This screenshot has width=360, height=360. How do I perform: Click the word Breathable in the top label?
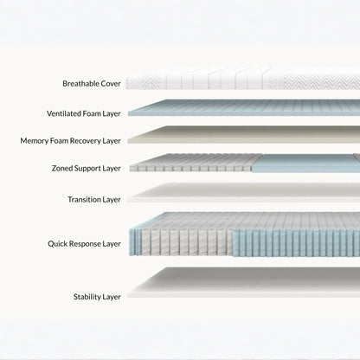[80, 84]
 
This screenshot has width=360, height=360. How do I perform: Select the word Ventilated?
[64, 113]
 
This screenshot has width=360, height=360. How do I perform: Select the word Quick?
[56, 244]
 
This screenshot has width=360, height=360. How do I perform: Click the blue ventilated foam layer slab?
[244, 108]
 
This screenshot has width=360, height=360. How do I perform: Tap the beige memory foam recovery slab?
[244, 135]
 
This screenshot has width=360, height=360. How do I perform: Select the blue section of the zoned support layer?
[305, 164]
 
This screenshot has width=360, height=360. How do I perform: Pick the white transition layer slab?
[244, 193]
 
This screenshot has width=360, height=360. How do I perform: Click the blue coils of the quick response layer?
[296, 243]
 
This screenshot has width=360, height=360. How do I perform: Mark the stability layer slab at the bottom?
[244, 282]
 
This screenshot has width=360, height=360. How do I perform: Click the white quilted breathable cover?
[243, 79]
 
